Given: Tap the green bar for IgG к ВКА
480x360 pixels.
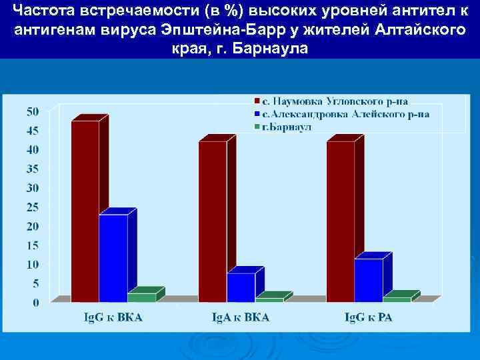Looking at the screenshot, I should click(141, 297).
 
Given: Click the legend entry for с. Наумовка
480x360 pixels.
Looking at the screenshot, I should click(334, 101).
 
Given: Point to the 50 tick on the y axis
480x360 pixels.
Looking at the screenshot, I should click(32, 111).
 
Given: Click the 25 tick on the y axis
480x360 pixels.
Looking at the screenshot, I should click(32, 207).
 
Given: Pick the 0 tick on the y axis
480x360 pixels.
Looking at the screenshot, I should click(35, 303).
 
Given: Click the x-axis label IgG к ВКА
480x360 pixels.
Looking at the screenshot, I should click(112, 317).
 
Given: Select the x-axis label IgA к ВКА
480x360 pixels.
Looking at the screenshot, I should click(240, 317).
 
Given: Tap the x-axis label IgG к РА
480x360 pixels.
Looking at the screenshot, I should click(368, 317).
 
